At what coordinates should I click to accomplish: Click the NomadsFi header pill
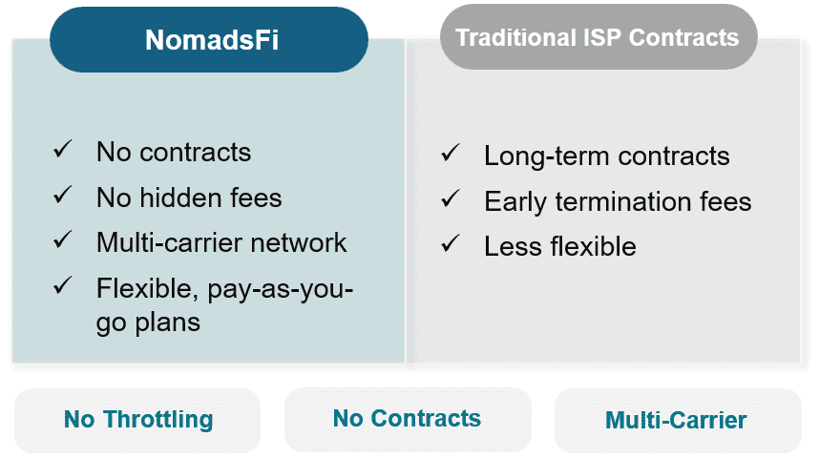tap(209, 40)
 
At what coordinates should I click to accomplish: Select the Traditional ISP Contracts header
tap(598, 36)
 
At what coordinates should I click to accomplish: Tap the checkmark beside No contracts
tap(63, 150)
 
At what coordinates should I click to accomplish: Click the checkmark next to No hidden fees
tap(63, 195)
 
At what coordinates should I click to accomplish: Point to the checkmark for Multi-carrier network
tap(63, 239)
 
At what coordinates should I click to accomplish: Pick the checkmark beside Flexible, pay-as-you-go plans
tap(63, 285)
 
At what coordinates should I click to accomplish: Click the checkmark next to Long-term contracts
tap(451, 153)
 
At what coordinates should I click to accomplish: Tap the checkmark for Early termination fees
tap(451, 198)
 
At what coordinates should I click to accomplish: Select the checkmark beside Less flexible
tap(451, 243)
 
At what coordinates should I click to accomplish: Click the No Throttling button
tap(137, 421)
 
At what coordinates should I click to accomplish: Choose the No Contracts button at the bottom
tap(408, 419)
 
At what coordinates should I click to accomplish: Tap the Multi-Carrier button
tap(678, 421)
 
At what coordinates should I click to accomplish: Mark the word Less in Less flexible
tap(513, 246)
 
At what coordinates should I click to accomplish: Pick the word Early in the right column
tap(515, 202)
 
